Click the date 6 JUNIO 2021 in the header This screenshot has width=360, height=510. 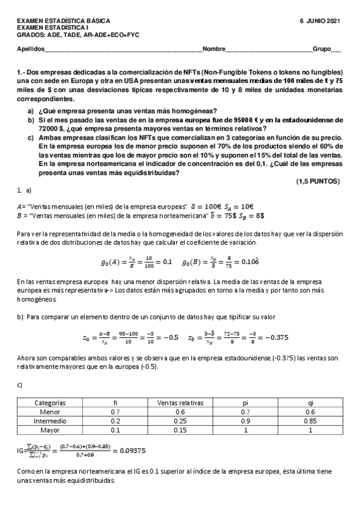(320, 21)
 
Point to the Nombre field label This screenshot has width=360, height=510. (214, 49)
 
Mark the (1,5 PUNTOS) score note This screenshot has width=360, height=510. (318, 181)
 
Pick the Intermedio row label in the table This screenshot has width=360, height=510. (50, 422)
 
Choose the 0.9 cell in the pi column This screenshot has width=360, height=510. (246, 422)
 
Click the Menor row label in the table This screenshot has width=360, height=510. (50, 412)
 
